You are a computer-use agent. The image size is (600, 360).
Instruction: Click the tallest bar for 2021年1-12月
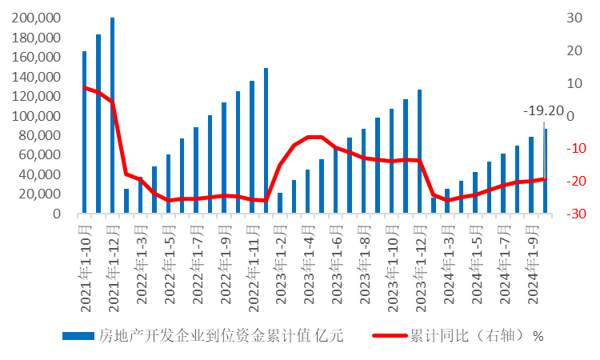tap(112, 115)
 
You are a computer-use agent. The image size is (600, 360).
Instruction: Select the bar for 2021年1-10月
tap(84, 133)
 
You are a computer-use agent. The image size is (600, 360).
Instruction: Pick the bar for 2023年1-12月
tap(419, 151)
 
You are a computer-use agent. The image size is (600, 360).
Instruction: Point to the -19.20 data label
tap(543, 111)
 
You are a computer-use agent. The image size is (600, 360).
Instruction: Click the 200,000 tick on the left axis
tap(38, 18)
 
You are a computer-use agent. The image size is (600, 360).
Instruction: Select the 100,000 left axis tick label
tap(38, 116)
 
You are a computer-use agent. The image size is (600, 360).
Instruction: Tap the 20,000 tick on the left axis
tap(41, 194)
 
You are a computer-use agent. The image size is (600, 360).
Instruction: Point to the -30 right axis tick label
tap(570, 214)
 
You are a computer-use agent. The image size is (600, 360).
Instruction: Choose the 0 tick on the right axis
tap(570, 116)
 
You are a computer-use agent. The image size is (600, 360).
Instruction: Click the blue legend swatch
tap(78, 336)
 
